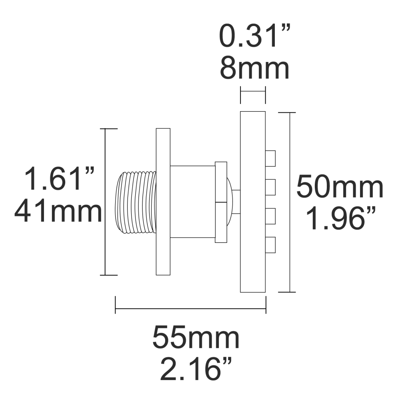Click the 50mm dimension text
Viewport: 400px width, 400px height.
click(340, 188)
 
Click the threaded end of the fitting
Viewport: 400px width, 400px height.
click(136, 202)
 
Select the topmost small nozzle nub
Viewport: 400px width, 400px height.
click(271, 158)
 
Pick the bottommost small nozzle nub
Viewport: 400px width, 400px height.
click(271, 245)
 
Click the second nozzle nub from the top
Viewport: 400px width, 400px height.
click(271, 187)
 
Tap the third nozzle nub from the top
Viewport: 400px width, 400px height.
click(271, 216)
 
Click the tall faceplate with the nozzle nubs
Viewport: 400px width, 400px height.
click(253, 202)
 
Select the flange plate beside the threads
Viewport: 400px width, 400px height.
click(163, 202)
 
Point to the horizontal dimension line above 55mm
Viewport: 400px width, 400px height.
click(190, 308)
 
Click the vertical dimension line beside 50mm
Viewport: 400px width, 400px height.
click(290, 202)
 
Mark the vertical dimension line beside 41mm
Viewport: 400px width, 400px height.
click(105, 202)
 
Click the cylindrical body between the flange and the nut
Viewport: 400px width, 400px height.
click(192, 202)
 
